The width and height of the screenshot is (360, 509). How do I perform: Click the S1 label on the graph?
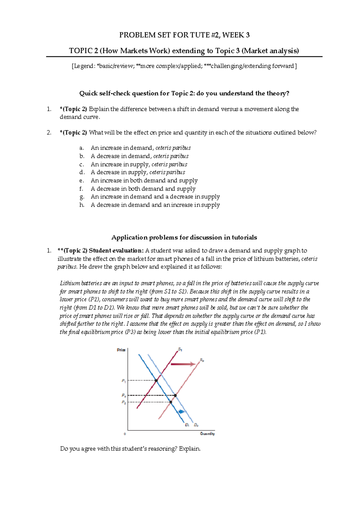(x=180, y=349)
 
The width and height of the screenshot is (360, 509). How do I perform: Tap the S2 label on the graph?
(x=202, y=360)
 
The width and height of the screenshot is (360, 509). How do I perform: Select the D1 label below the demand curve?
(x=187, y=425)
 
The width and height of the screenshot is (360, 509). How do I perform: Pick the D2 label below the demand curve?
(x=196, y=425)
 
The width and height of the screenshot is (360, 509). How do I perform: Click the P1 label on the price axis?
(x=124, y=381)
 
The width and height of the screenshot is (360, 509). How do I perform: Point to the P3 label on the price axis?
(x=124, y=396)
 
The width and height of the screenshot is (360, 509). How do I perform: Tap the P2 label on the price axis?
(x=124, y=402)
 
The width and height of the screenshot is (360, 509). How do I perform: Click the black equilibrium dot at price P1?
(x=156, y=381)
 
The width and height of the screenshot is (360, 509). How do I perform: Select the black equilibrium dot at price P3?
(x=175, y=396)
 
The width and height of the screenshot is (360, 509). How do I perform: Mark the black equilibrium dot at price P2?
(x=171, y=402)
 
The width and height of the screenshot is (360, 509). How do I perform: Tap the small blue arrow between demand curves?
(x=181, y=412)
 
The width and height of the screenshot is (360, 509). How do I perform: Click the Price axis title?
(x=121, y=350)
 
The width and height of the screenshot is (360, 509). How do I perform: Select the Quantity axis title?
(x=207, y=434)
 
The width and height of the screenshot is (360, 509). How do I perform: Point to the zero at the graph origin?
(x=125, y=434)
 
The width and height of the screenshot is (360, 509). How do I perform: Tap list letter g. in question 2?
(x=82, y=197)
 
